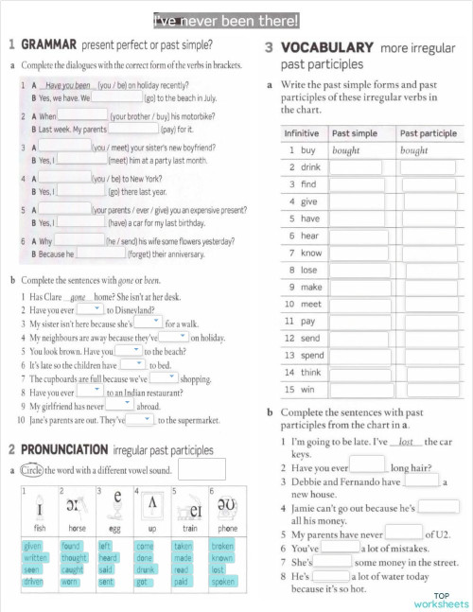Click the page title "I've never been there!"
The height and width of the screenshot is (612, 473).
click(x=226, y=20)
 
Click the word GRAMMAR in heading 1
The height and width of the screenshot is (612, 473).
click(x=48, y=44)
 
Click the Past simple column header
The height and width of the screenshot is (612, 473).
click(x=354, y=133)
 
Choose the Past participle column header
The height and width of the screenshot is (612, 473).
click(x=428, y=133)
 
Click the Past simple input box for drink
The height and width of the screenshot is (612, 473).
click(x=356, y=167)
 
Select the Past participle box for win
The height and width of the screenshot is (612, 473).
click(x=429, y=390)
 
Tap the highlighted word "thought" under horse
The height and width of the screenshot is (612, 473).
click(x=73, y=558)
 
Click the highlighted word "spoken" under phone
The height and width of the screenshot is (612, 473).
click(x=223, y=582)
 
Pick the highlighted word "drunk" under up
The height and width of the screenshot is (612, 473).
click(x=145, y=570)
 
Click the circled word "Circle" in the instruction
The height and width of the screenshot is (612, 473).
click(x=31, y=469)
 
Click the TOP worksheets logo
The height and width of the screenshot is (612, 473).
click(x=441, y=601)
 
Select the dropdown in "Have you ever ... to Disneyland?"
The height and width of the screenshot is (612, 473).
click(x=90, y=309)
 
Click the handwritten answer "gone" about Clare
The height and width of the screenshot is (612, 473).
click(x=85, y=296)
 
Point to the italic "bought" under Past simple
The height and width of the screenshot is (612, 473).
click(x=346, y=150)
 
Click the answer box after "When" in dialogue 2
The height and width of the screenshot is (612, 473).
click(x=83, y=116)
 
